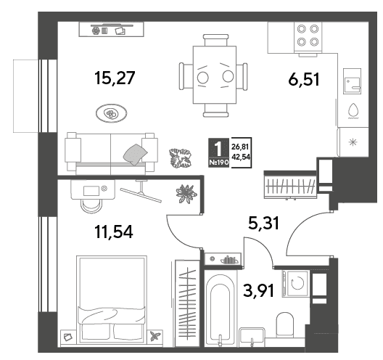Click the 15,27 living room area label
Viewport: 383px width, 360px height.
[x=115, y=78]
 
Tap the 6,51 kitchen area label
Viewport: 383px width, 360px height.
[x=304, y=79]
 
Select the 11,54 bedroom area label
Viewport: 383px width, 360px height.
[x=114, y=232]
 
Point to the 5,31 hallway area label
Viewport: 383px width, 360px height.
[x=263, y=223]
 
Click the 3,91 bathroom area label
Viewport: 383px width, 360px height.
[x=259, y=290]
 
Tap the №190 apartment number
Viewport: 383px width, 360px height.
[x=218, y=163]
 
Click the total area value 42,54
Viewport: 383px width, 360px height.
[x=241, y=157]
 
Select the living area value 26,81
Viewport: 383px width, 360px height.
[x=240, y=147]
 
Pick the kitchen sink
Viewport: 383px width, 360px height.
[x=352, y=81]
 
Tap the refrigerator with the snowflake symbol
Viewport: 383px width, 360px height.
[x=353, y=142]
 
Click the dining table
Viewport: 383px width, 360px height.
[x=215, y=75]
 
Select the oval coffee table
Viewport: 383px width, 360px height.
[x=112, y=113]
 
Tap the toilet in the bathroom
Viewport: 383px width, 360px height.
[x=284, y=324]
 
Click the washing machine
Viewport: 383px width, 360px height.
[x=296, y=284]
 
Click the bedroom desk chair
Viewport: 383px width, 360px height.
[x=91, y=205]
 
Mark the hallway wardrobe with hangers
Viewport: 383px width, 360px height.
[x=290, y=185]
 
